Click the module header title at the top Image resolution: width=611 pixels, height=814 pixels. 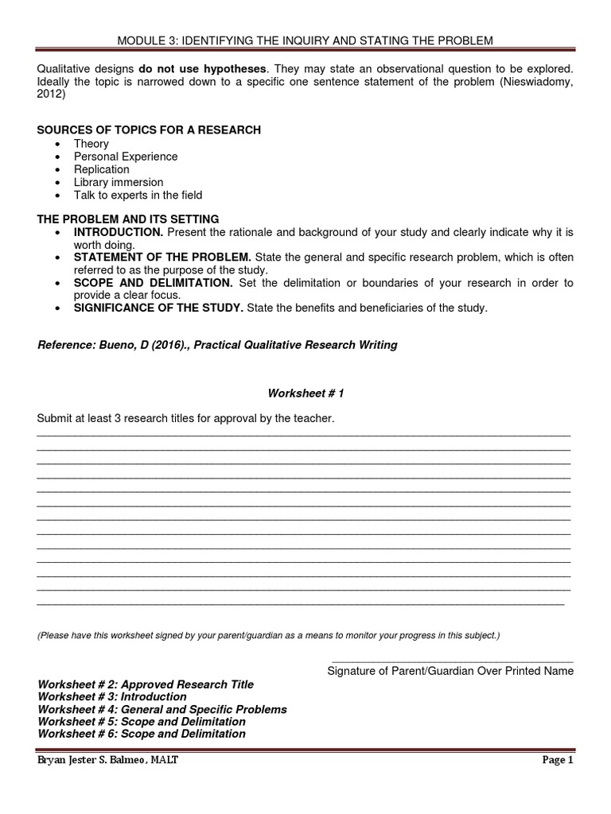[x=305, y=40]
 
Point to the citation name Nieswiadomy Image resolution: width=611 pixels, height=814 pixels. [x=531, y=82]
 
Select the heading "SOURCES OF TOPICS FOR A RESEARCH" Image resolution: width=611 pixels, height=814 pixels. [x=149, y=130]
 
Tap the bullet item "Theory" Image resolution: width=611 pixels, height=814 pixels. [x=91, y=144]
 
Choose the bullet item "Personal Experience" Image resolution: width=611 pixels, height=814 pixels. [x=126, y=157]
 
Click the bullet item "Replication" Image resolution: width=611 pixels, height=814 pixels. [x=102, y=169]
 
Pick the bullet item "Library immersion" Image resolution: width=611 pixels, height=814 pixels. [x=119, y=182]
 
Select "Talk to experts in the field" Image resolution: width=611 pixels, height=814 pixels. [x=138, y=195]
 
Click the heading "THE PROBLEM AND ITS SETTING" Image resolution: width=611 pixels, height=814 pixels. [x=128, y=219]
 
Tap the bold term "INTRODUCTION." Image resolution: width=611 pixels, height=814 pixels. [x=119, y=232]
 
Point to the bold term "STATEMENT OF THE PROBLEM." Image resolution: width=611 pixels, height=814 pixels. [x=162, y=258]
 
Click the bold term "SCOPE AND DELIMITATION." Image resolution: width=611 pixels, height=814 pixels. [x=154, y=283]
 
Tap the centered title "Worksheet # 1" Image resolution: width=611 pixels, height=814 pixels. [x=305, y=393]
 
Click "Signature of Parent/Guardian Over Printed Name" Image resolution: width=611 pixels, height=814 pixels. [x=450, y=671]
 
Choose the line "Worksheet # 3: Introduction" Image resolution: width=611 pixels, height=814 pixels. [x=112, y=696]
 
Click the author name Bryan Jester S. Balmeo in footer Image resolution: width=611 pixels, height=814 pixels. [x=107, y=760]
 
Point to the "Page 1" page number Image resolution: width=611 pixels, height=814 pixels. [x=558, y=760]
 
